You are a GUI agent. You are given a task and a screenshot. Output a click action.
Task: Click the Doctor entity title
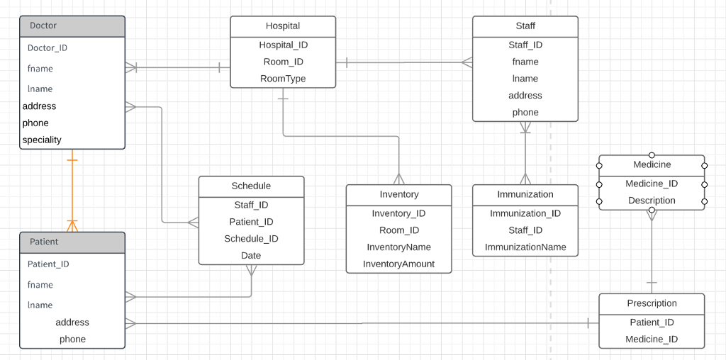click(43, 26)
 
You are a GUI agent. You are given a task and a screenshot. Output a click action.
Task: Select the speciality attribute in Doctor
click(42, 140)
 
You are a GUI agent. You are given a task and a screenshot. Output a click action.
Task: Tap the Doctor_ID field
click(48, 48)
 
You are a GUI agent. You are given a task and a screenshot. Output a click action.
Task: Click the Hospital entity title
click(283, 26)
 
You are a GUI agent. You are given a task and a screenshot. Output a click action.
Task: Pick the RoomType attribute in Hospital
click(283, 79)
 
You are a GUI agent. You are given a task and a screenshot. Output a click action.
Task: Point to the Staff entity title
click(525, 26)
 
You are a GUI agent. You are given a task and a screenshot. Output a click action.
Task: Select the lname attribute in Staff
click(525, 79)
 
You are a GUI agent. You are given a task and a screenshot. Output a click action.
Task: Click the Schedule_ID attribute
click(251, 239)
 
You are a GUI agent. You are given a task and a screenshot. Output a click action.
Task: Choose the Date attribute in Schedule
click(251, 256)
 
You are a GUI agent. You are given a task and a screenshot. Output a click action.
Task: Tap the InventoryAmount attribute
click(398, 264)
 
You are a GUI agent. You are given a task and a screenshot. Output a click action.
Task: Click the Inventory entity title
click(399, 195)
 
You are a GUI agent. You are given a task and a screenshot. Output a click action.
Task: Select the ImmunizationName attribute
click(525, 247)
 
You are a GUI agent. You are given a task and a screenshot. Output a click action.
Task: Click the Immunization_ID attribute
click(525, 213)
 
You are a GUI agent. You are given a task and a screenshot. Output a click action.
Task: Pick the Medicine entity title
click(652, 165)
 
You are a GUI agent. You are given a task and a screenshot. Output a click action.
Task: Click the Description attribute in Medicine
click(652, 201)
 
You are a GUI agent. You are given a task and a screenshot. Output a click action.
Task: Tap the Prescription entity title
click(652, 303)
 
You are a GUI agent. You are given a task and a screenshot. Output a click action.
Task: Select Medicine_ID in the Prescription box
click(652, 339)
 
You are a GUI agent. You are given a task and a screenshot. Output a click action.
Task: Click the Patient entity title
click(44, 242)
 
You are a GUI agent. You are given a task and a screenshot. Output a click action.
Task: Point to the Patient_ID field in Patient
click(48, 264)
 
